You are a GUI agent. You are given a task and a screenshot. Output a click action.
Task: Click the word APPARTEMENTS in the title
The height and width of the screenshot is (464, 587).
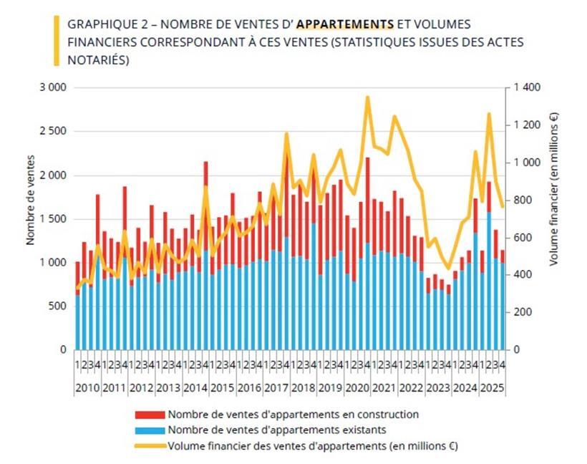click(x=345, y=24)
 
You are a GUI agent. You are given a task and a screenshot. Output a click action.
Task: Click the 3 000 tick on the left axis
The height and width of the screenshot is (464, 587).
click(x=52, y=87)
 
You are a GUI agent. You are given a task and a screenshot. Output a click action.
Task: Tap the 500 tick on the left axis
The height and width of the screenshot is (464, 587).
click(x=57, y=306)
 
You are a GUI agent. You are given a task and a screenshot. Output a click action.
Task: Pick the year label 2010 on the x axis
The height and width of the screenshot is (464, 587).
click(x=87, y=387)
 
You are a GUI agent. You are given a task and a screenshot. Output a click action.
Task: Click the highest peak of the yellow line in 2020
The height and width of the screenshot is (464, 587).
click(x=367, y=97)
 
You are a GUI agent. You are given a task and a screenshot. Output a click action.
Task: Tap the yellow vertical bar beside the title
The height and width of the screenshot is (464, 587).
click(x=56, y=42)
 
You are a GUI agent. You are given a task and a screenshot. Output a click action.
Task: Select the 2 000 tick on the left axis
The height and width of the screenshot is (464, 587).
click(x=52, y=175)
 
